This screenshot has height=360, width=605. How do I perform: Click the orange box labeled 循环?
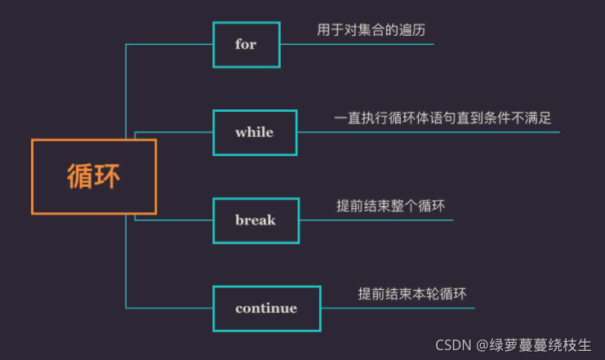[x=94, y=176]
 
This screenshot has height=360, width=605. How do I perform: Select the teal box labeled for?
[x=247, y=44]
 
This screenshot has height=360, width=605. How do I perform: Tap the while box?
[x=255, y=132]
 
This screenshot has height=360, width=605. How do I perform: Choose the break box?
[x=256, y=220]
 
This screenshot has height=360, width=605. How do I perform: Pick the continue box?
[x=266, y=308]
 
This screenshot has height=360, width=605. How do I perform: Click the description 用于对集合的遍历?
[x=371, y=30]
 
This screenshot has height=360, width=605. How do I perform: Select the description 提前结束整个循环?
[x=390, y=206]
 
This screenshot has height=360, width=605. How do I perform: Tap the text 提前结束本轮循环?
[x=411, y=293]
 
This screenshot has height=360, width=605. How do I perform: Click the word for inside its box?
[x=246, y=44]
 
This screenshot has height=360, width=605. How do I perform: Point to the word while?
[x=254, y=132]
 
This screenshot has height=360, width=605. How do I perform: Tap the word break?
[x=256, y=220]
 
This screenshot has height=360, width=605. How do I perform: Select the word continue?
[x=266, y=309]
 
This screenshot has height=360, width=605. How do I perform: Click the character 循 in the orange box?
[x=80, y=177]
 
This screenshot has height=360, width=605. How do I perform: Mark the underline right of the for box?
[x=357, y=44]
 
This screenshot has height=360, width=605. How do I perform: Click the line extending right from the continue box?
[x=398, y=308]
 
